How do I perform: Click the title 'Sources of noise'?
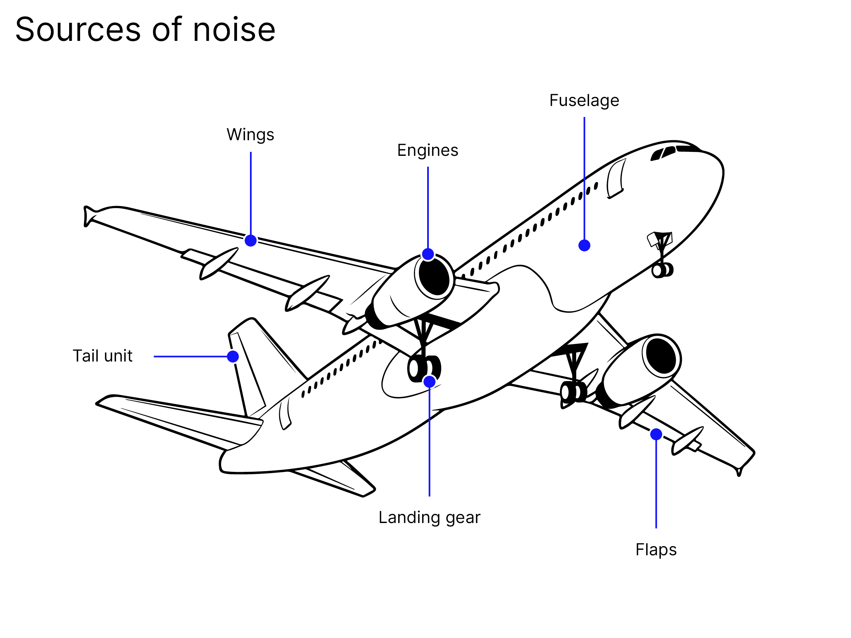(x=145, y=30)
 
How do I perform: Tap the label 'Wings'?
(x=250, y=135)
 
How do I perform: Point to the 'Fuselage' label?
(x=584, y=100)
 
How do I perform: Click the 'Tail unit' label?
(x=102, y=356)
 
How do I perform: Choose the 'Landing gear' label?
(x=429, y=517)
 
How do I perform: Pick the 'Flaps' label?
(x=656, y=550)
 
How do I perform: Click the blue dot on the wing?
(x=250, y=241)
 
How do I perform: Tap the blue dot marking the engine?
(x=428, y=254)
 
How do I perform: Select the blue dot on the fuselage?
(x=584, y=245)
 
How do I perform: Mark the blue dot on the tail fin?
(x=233, y=357)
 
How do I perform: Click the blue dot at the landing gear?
(x=429, y=381)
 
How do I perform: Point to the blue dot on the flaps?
(x=656, y=434)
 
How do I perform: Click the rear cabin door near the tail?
(x=285, y=413)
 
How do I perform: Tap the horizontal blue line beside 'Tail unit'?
(x=190, y=357)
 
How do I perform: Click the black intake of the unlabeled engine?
(x=661, y=356)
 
